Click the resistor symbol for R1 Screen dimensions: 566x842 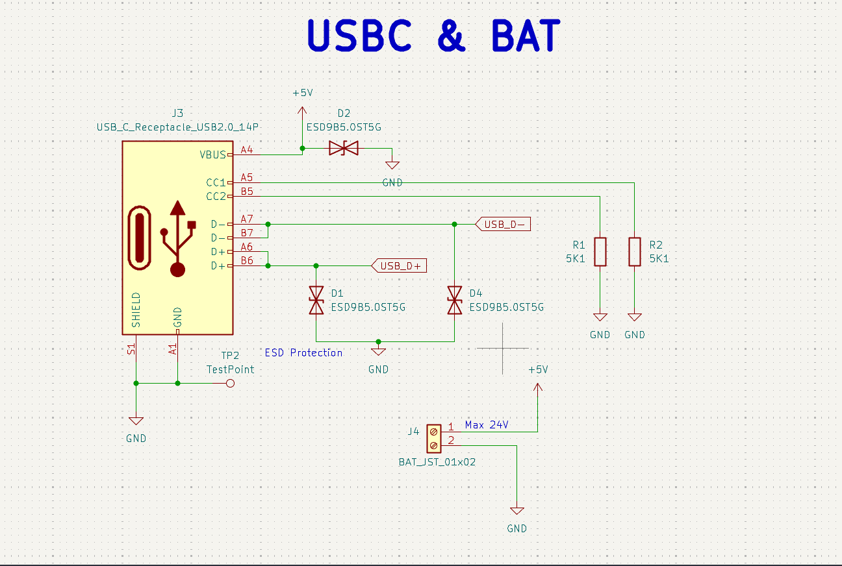[600, 252]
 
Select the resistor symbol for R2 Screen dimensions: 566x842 [635, 252]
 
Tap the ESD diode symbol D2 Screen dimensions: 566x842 [343, 149]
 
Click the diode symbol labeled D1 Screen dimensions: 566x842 [316, 300]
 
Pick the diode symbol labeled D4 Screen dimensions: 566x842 [454, 300]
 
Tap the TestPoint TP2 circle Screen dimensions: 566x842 [229, 384]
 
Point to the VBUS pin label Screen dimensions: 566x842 [212, 154]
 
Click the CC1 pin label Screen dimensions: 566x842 [215, 182]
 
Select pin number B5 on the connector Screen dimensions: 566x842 [247, 191]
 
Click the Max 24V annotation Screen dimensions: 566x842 [486, 425]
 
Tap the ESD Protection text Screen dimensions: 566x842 [303, 352]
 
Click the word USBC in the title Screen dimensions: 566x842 [359, 36]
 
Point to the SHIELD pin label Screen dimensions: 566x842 [136, 310]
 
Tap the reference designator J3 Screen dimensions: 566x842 [177, 114]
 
